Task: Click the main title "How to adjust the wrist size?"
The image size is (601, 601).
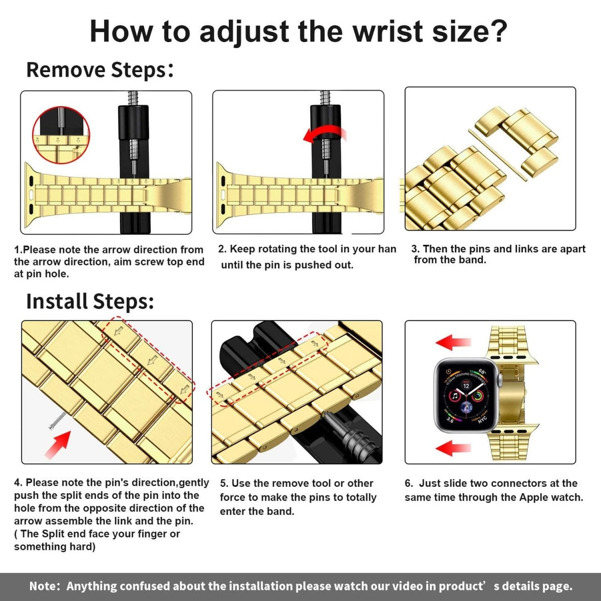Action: click(298, 32)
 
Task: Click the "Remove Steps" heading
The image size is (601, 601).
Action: click(96, 70)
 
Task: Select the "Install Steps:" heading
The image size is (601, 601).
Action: click(90, 302)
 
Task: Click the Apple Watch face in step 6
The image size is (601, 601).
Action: click(466, 395)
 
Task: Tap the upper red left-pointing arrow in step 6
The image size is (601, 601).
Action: click(453, 343)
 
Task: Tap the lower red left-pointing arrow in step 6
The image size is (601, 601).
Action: click(453, 449)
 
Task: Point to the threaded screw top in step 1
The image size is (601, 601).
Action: click(133, 99)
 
